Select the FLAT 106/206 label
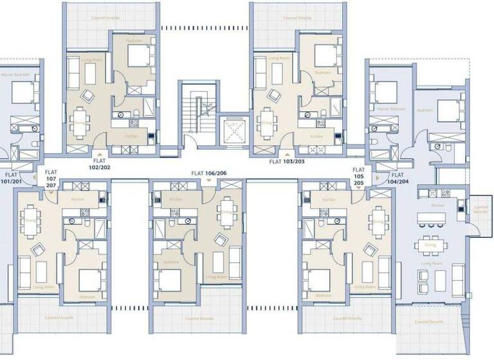(x=209, y=174)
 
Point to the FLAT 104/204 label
(x=398, y=178)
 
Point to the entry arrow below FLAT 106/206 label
(x=209, y=182)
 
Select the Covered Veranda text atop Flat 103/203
(x=297, y=18)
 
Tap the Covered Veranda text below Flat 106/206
(x=197, y=318)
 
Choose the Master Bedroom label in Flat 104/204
(x=392, y=109)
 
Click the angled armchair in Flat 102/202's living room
(x=87, y=96)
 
